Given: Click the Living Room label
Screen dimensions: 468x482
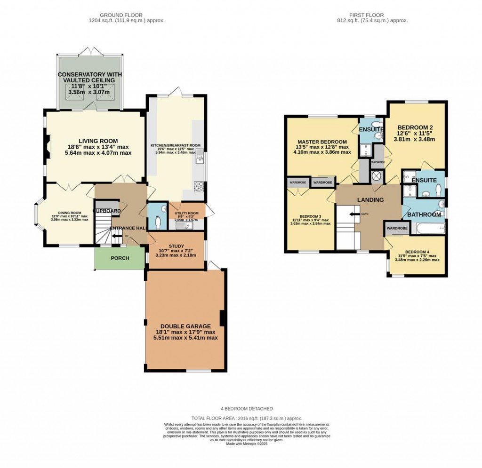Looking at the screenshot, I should click(x=98, y=141).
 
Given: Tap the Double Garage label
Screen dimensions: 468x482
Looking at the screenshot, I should click(x=185, y=326).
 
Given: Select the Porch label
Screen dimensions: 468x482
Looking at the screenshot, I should click(x=120, y=258).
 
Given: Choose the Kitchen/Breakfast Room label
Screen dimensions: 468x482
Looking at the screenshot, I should click(x=176, y=145).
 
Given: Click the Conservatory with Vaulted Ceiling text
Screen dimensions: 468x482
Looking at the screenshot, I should click(x=89, y=78).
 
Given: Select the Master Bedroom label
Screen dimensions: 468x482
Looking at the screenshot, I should click(x=322, y=142).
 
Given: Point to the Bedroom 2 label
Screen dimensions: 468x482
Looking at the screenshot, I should click(x=415, y=127).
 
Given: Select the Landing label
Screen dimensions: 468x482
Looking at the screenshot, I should click(x=370, y=200).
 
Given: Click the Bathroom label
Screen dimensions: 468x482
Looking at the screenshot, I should click(x=424, y=214).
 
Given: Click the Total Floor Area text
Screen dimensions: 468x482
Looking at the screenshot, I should click(x=247, y=418).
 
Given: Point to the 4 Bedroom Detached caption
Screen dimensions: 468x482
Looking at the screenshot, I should click(x=247, y=409).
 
